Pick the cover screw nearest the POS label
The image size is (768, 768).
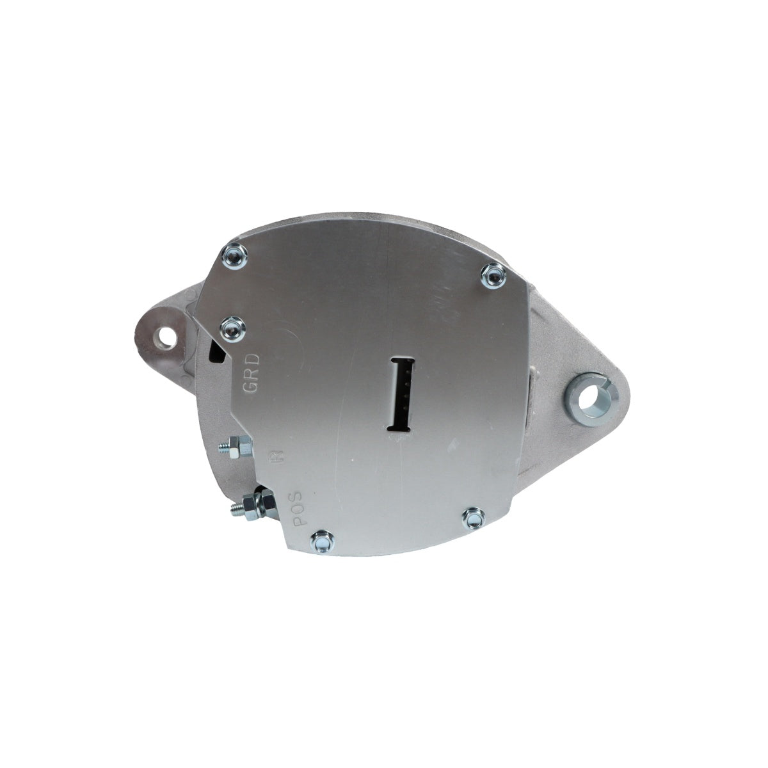tap(318, 542)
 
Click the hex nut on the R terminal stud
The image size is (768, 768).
tap(234, 445)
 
